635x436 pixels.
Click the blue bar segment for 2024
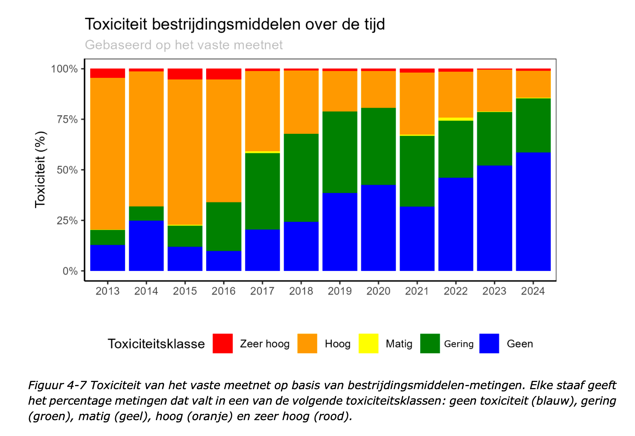(533, 212)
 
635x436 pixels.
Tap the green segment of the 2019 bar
(340, 152)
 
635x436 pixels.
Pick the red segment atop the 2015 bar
(185, 74)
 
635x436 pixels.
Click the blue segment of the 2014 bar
(146, 246)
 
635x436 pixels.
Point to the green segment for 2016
(224, 226)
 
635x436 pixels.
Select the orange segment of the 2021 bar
(417, 104)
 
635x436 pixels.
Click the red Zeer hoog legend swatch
(222, 343)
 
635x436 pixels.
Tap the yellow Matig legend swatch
(368, 343)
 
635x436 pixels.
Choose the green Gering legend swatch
(430, 343)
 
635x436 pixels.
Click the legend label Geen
(520, 344)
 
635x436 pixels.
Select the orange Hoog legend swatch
(307, 343)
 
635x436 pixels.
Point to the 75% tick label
(67, 119)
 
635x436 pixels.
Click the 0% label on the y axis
(70, 271)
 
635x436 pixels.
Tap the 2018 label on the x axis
(301, 291)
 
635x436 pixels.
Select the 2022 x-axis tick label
(456, 291)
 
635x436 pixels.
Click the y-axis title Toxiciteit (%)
(40, 170)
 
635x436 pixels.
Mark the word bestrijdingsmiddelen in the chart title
(226, 24)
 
